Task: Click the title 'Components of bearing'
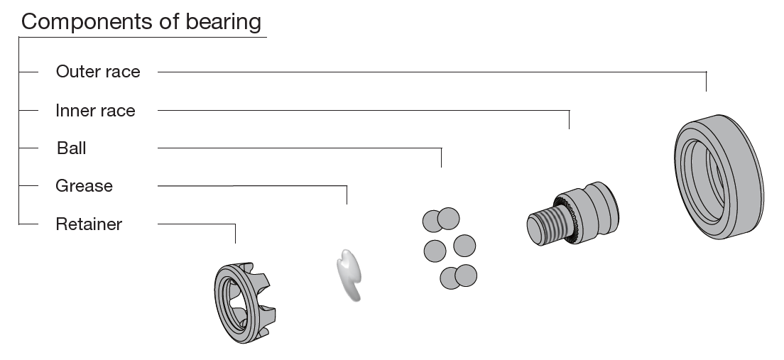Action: click(141, 21)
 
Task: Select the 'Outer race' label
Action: click(98, 72)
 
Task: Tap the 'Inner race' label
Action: click(95, 110)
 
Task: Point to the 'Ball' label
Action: click(72, 148)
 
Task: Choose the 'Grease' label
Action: click(84, 186)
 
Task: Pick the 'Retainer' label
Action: click(89, 224)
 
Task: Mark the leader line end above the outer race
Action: click(707, 89)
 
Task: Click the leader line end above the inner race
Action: click(570, 128)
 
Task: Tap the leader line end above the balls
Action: click(441, 166)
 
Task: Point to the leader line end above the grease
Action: click(347, 203)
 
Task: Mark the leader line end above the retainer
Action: click(235, 241)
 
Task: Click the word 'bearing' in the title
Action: click(219, 21)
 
